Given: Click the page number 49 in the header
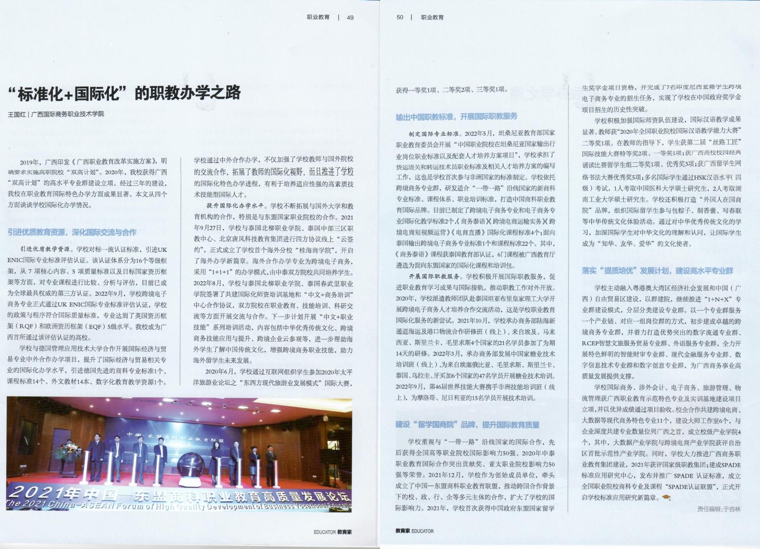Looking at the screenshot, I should pos(350,17).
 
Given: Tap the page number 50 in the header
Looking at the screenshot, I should pos(400,17).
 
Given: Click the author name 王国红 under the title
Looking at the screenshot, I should pos(17,114).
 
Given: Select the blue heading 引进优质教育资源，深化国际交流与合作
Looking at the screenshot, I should pos(72,232).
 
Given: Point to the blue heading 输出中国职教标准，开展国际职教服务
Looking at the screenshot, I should pos(456,116).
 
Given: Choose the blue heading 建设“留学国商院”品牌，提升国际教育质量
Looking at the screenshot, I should pos(467,425).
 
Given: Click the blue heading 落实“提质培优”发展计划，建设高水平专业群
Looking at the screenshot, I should pos(657,271).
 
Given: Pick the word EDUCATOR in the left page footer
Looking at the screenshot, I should pos(325,532).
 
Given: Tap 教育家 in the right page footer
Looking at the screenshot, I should pos(403,531).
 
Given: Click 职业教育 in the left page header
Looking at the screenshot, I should pos(318,17).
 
